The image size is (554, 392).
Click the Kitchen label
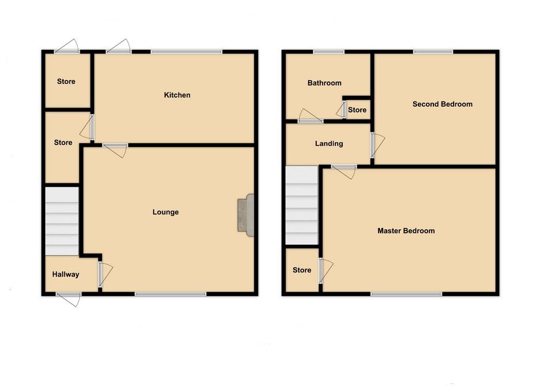[x=177, y=95]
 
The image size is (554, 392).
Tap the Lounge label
[x=166, y=212]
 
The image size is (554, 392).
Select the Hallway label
[x=65, y=275]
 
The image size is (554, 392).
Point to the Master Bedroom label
[x=406, y=231]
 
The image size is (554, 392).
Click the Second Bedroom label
[x=442, y=104]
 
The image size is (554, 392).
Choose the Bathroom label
[x=324, y=83]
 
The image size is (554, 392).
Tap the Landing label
[x=329, y=144]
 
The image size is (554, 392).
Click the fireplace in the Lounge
[x=246, y=215]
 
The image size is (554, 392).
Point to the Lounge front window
[x=170, y=294]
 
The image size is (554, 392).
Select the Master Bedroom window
[x=406, y=294]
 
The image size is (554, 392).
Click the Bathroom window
[x=329, y=53]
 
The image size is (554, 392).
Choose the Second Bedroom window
[x=433, y=53]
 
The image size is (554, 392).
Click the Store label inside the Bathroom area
[x=357, y=110]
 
